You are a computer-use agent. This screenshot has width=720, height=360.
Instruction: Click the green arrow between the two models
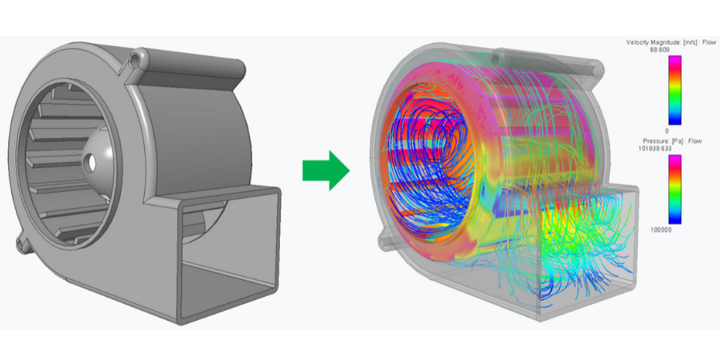[326, 170]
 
